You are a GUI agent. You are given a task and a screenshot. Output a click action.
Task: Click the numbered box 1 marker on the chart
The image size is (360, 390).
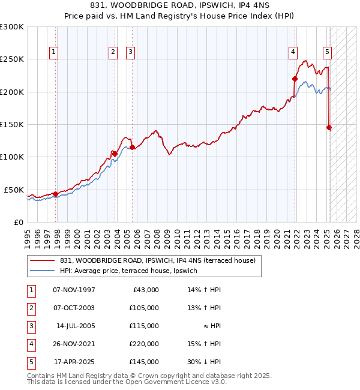click(x=54, y=52)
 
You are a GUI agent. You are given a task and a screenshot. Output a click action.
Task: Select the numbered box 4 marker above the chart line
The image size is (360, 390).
click(x=293, y=52)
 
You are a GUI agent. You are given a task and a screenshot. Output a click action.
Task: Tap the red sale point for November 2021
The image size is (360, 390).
click(x=295, y=79)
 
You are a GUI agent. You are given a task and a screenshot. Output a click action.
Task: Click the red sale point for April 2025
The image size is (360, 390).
click(x=329, y=127)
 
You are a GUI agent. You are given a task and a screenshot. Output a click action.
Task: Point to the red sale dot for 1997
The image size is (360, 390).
click(x=55, y=194)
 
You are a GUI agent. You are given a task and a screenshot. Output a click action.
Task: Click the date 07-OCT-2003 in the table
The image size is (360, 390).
click(x=74, y=308)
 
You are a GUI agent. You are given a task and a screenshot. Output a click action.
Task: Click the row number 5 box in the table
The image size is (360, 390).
click(x=29, y=362)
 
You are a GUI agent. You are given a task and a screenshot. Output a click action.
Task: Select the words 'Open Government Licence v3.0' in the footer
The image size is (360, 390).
click(x=177, y=382)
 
